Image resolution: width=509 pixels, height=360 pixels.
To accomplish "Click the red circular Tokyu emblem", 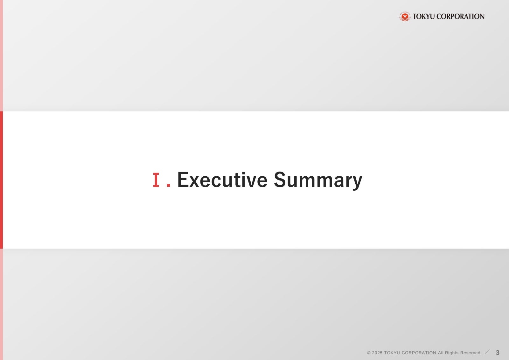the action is (405, 16).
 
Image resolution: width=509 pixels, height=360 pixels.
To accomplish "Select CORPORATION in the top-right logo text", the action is (461, 16).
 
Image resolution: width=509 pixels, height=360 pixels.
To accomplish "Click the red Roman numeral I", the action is (156, 180).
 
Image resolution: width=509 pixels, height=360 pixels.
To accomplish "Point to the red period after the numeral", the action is (168, 185).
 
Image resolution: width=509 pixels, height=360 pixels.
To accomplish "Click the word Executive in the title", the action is (222, 180).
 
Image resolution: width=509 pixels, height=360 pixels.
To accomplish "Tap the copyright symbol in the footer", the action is (369, 353).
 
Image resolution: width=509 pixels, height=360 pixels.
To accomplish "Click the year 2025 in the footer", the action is (377, 353).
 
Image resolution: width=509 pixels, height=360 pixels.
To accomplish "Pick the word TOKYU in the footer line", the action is (392, 353).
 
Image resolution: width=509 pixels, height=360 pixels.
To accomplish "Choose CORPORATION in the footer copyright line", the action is (419, 353).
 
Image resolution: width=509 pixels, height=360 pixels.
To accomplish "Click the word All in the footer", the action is (441, 353).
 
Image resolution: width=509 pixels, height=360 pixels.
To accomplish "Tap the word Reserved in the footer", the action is (471, 353).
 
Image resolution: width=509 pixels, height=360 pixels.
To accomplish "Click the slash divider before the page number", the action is (487, 352).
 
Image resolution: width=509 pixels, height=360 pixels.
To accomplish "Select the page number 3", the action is (498, 353).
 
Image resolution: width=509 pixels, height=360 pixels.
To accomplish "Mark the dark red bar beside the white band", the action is (1, 180).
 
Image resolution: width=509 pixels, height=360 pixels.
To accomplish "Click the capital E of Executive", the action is (183, 180).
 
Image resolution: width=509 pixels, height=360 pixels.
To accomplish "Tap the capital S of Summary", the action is (280, 180).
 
